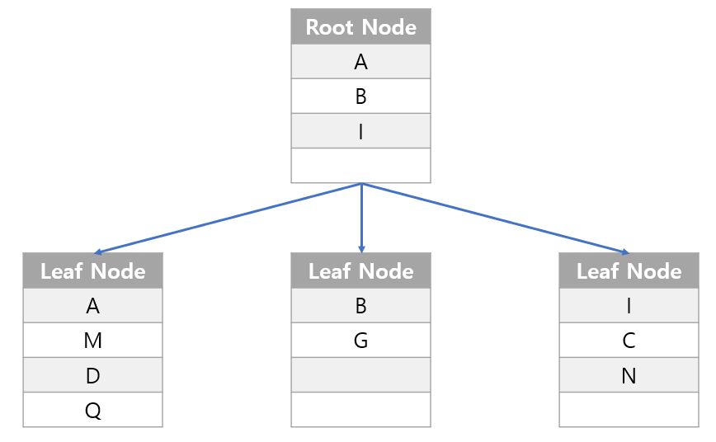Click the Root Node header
pyautogui.click(x=360, y=27)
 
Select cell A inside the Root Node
pyautogui.click(x=360, y=62)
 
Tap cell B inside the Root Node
pyautogui.click(x=360, y=96)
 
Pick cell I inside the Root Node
pyautogui.click(x=360, y=131)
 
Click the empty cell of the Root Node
pyautogui.click(x=360, y=166)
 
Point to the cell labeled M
pyautogui.click(x=92, y=341)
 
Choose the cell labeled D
pyautogui.click(x=92, y=375)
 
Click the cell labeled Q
pyautogui.click(x=92, y=410)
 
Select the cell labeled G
pyautogui.click(x=360, y=341)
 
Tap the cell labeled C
pyautogui.click(x=629, y=341)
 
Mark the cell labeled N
pyautogui.click(x=629, y=375)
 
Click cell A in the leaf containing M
pyautogui.click(x=92, y=306)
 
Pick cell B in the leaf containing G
pyautogui.click(x=360, y=306)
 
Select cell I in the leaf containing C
pyautogui.click(x=629, y=306)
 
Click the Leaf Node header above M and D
pyautogui.click(x=92, y=271)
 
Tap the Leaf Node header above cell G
pyautogui.click(x=360, y=271)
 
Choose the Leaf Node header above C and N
pyautogui.click(x=629, y=271)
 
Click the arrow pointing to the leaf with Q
pyautogui.click(x=227, y=218)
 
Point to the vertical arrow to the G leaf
pyautogui.click(x=361, y=218)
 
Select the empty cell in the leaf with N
pyautogui.click(x=629, y=410)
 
